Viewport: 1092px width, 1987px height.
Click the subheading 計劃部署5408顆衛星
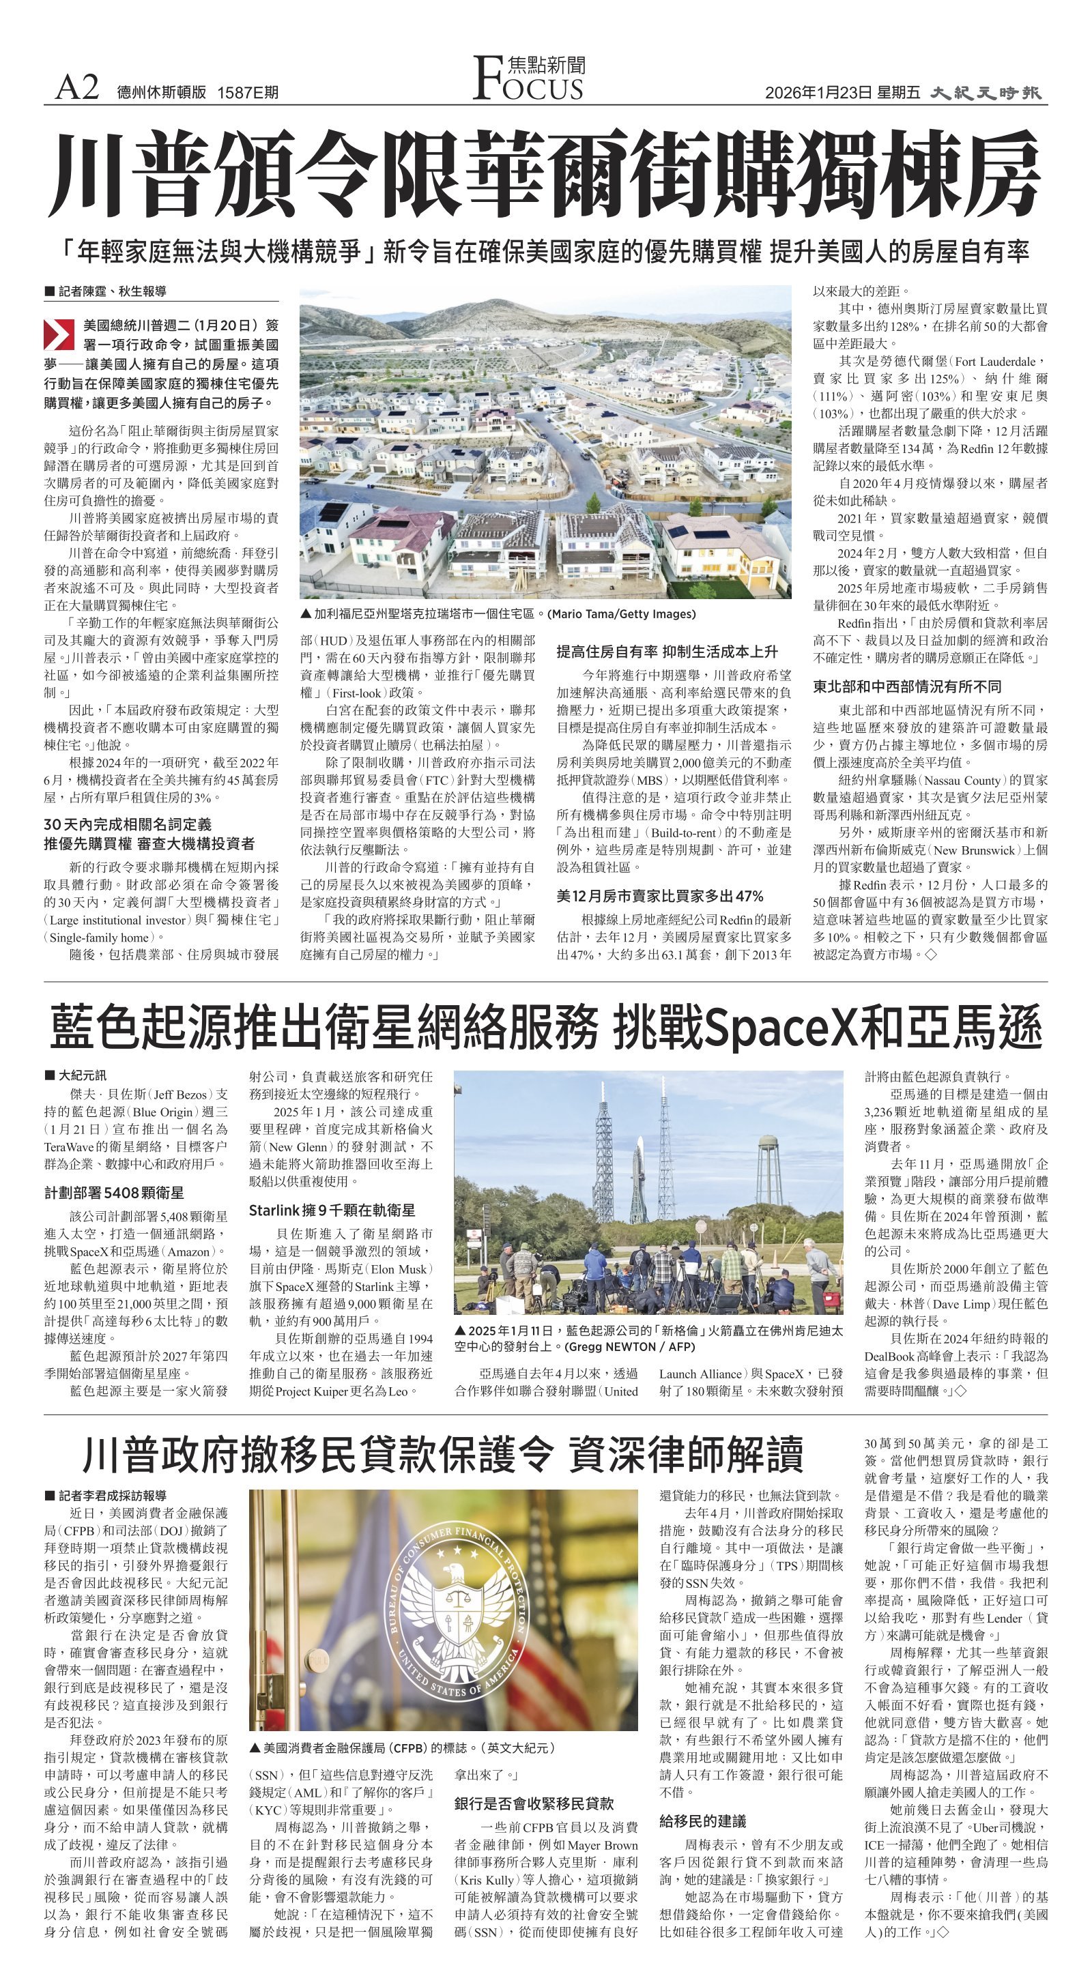114,1193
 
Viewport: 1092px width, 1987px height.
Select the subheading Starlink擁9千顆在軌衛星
332,1210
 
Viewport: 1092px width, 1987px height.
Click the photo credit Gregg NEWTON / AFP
630,1346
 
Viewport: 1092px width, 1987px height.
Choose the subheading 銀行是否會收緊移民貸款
534,1803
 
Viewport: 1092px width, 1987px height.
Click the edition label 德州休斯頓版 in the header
162,93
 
